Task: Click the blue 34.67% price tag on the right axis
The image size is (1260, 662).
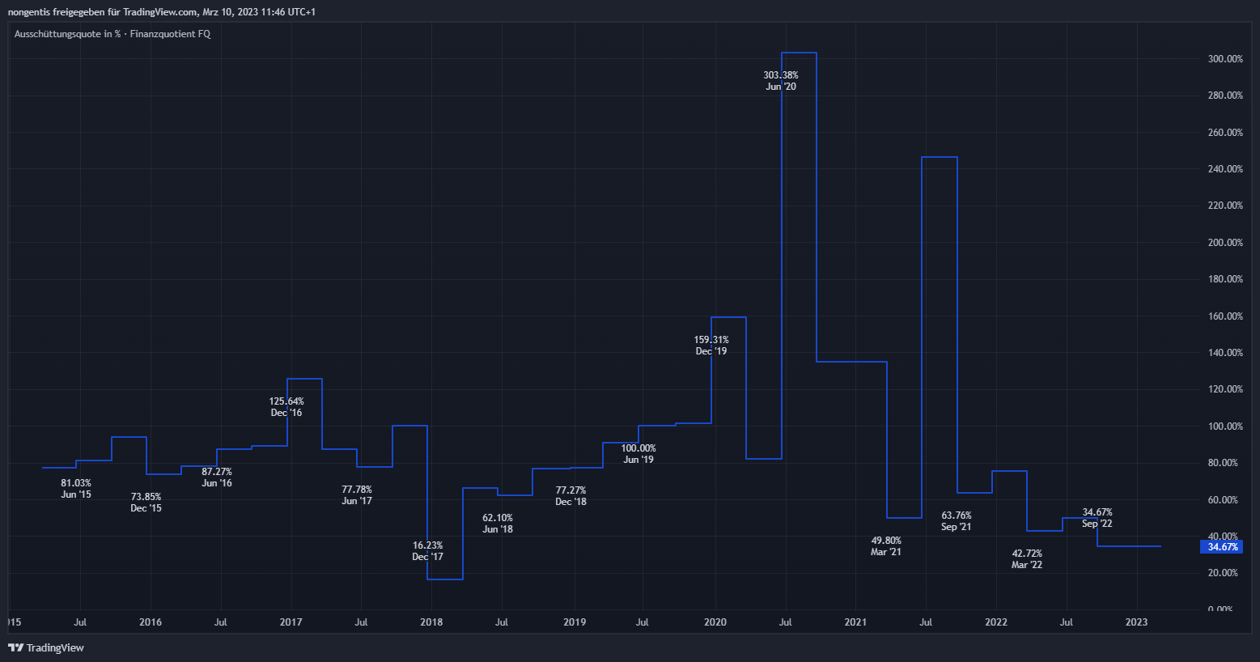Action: click(1222, 547)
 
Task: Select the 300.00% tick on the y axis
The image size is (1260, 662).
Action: click(1225, 59)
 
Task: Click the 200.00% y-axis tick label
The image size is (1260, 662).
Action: click(1225, 243)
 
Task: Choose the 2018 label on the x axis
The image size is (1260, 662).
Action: click(431, 622)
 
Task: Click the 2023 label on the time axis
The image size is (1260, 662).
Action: click(1136, 622)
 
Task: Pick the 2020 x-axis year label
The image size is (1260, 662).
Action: click(715, 622)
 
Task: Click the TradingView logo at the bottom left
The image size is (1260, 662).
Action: click(46, 647)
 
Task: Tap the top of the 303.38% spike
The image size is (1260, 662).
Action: click(799, 53)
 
